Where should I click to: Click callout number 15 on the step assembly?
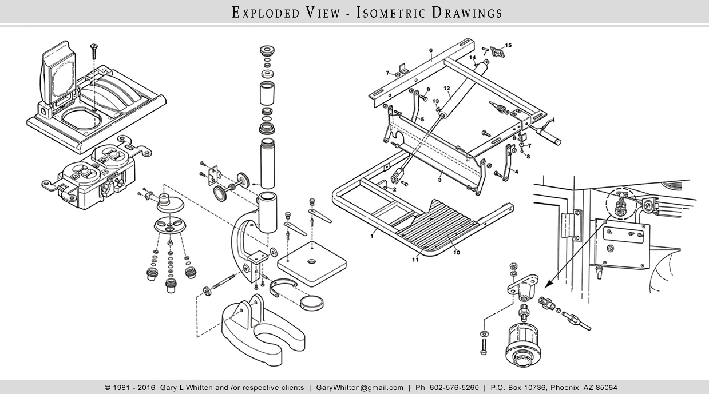pos(508,45)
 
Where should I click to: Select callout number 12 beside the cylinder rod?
pos(447,89)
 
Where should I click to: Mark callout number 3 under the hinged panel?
pos(439,180)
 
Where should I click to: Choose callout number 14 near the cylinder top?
pos(473,58)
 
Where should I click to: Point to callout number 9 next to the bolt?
pos(427,89)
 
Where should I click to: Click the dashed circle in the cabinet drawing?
pos(620,203)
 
